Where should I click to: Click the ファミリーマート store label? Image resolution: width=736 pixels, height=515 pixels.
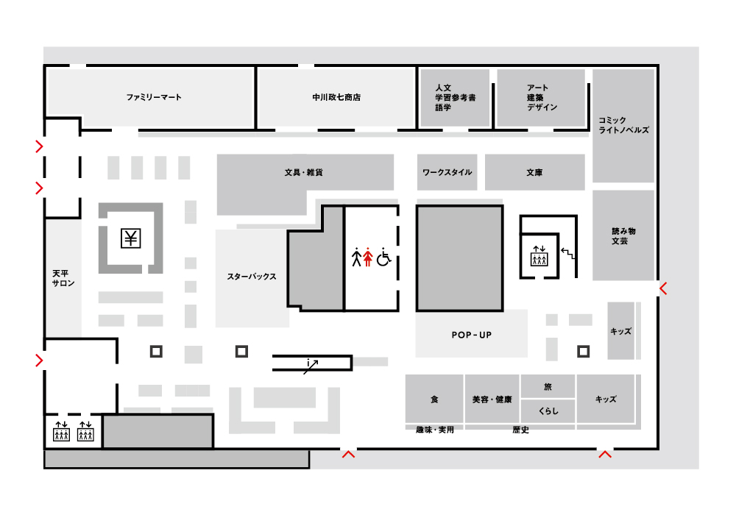click(154, 97)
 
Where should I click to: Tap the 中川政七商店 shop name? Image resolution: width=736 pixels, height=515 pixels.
click(336, 97)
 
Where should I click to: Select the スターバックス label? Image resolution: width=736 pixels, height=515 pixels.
click(252, 277)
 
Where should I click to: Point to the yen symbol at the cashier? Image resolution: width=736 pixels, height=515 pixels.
click(130, 238)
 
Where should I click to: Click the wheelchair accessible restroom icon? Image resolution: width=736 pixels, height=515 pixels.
click(384, 257)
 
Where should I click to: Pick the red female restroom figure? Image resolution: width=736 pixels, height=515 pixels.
click(368, 257)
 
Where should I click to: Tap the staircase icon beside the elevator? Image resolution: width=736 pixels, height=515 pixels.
click(568, 254)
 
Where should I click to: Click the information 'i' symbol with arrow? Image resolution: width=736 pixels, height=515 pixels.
click(311, 366)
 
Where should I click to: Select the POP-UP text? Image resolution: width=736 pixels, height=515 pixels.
click(471, 335)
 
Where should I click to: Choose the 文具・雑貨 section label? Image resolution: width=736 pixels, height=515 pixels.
click(304, 172)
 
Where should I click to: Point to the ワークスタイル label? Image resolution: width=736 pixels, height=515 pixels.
click(447, 172)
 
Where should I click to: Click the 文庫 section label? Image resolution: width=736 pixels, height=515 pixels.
click(534, 172)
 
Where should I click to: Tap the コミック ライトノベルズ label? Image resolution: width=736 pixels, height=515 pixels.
click(623, 125)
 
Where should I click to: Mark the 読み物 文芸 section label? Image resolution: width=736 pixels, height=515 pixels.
click(623, 236)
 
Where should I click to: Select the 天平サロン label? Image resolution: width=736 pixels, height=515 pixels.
click(63, 278)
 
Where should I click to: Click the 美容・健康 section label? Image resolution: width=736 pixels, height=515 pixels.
click(492, 399)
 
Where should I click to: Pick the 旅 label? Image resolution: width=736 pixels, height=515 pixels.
click(548, 386)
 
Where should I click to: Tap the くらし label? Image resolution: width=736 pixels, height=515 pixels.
click(548, 411)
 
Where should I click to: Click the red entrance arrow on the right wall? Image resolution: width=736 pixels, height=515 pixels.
click(663, 288)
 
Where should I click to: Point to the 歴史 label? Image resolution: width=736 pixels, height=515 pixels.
click(520, 430)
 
